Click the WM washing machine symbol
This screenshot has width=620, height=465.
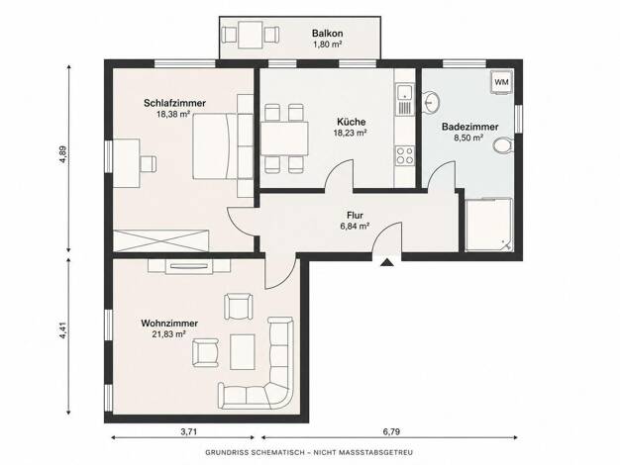501,82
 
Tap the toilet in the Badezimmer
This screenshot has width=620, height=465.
504,144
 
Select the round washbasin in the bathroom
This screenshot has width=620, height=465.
431,102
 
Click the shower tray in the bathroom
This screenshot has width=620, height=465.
488,225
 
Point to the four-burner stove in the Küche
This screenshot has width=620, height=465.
404,155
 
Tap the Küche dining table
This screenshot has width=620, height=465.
284,139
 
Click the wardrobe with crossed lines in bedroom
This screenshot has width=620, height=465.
160,240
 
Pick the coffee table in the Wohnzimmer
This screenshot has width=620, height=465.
243,351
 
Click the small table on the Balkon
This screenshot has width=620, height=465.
251,35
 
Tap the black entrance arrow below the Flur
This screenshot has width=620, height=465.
386,262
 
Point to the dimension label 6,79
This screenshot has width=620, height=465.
391,431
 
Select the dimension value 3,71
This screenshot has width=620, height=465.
188,431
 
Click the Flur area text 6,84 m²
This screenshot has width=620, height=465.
355,227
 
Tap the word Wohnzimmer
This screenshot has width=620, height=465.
169,324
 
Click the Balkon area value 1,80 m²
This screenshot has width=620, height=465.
328,45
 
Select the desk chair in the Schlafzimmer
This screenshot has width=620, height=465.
148,164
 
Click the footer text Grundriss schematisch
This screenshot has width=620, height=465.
256,453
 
